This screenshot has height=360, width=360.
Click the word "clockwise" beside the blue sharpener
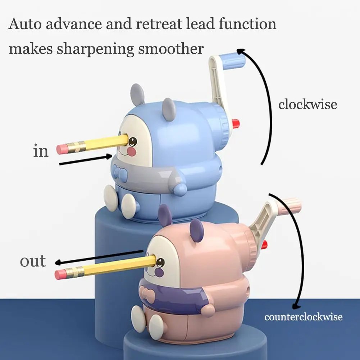pyautogui.click(x=307, y=104)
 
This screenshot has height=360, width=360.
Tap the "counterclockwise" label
pyautogui.click(x=303, y=317)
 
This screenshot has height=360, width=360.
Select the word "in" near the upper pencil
pyautogui.click(x=41, y=151)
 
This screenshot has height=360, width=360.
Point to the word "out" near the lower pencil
pyautogui.click(x=33, y=261)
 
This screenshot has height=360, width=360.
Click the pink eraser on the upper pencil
pyautogui.click(x=62, y=149)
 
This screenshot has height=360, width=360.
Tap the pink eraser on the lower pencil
pyautogui.click(x=60, y=274)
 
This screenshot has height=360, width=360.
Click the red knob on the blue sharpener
pyautogui.click(x=236, y=124)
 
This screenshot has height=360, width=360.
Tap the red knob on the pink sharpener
pyautogui.click(x=264, y=245)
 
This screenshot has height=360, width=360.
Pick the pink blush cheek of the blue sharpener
pyautogui.click(x=132, y=152)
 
